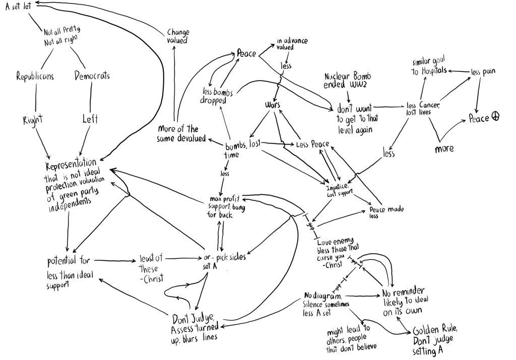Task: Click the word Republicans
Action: (x=35, y=77)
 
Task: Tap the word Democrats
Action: (x=92, y=76)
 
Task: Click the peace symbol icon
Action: (x=495, y=117)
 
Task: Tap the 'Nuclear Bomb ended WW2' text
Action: (x=348, y=81)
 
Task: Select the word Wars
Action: (x=273, y=105)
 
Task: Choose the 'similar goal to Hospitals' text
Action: (x=429, y=66)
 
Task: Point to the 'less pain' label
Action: (x=483, y=72)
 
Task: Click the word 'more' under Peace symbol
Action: (x=444, y=149)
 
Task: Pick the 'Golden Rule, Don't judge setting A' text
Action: (x=435, y=340)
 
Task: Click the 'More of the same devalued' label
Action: (x=181, y=133)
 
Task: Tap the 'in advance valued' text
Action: (x=292, y=44)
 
